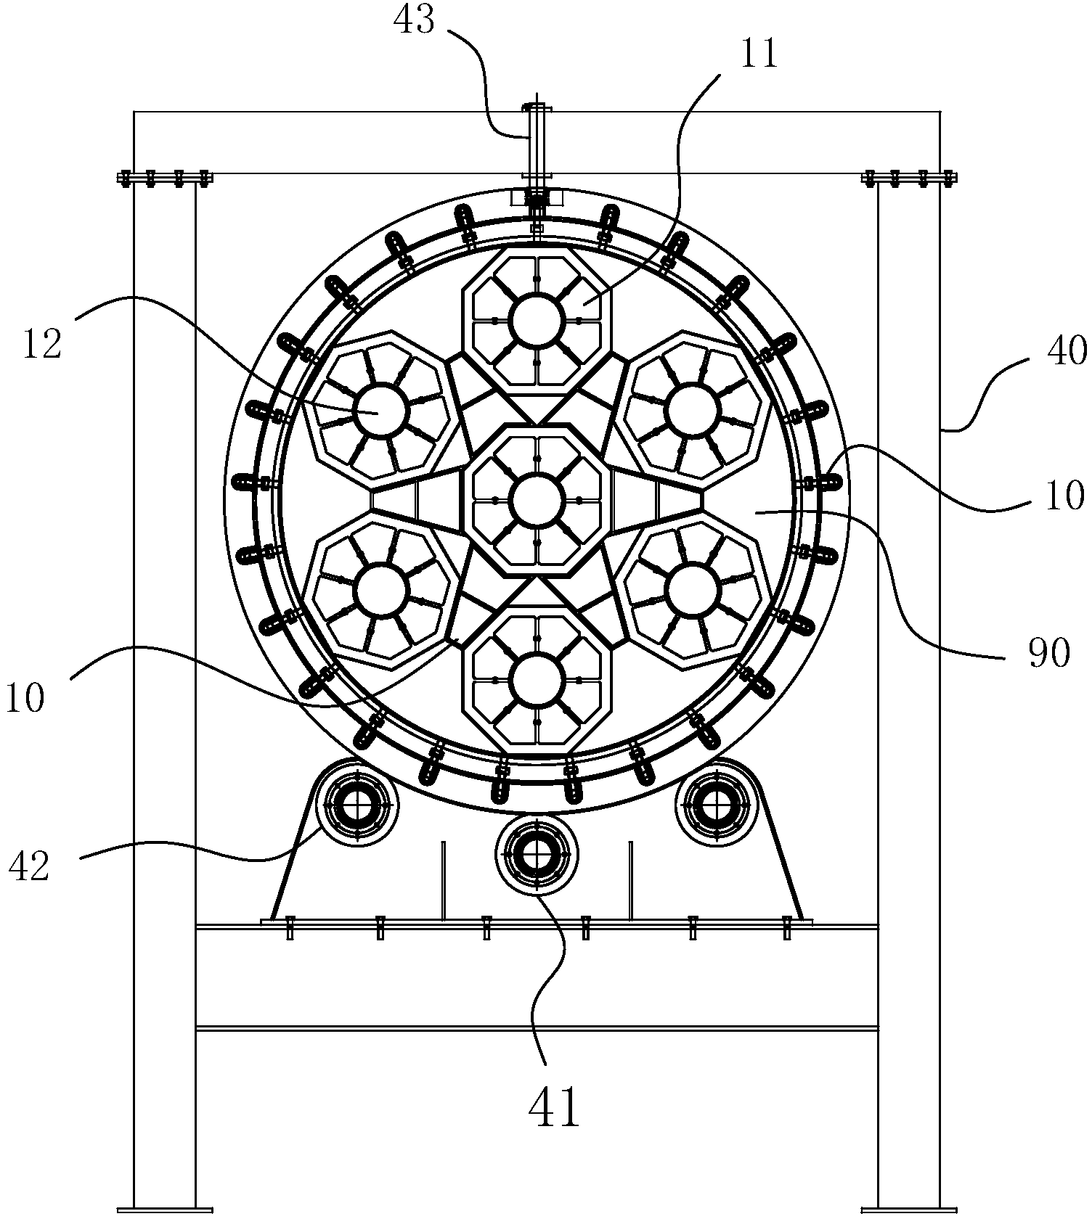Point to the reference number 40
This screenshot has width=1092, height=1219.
(1066, 353)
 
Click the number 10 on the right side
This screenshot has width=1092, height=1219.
(1064, 496)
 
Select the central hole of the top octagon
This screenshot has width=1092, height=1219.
(537, 319)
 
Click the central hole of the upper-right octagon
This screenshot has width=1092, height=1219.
(692, 410)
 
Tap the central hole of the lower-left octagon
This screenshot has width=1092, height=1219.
(382, 591)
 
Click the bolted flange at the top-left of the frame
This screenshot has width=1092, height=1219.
(164, 178)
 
